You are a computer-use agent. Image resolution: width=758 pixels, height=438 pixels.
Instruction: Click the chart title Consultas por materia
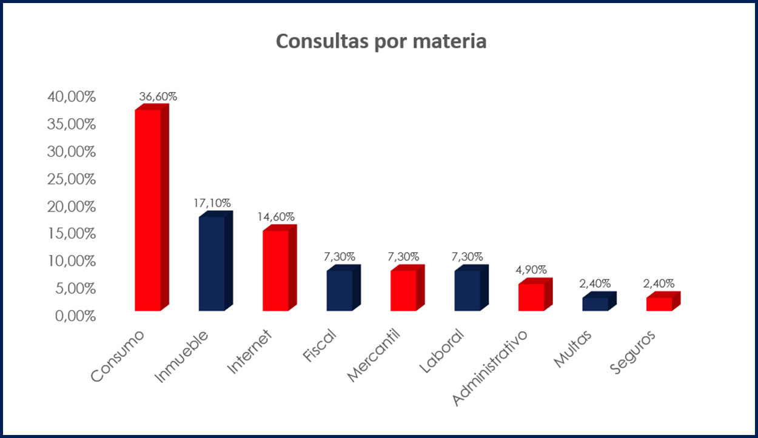point(381,41)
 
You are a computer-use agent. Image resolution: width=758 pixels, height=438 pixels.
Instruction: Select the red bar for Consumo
point(148,209)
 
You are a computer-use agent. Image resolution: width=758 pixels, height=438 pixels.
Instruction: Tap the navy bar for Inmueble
point(212,264)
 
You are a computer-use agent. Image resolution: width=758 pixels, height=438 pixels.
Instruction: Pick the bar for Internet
point(275,270)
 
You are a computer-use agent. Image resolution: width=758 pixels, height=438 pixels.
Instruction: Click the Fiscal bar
point(340,290)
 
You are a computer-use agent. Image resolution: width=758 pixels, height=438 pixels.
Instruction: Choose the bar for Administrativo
point(531,297)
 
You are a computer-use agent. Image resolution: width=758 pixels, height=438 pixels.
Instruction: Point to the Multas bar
point(595,304)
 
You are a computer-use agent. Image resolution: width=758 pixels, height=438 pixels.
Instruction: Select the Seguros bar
point(659,304)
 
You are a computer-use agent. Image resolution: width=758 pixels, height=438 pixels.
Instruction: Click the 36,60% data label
point(158,96)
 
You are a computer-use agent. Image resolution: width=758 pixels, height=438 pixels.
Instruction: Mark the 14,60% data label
point(276,216)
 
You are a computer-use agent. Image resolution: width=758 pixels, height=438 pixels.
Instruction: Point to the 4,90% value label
point(531,270)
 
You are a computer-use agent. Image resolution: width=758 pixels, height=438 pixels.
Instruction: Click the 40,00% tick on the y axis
point(72,97)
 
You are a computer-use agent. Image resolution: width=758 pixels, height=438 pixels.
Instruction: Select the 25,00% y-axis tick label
point(72,179)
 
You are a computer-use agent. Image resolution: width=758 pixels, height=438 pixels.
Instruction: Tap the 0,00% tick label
point(75,316)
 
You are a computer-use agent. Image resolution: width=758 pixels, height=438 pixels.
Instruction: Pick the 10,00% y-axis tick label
point(72,261)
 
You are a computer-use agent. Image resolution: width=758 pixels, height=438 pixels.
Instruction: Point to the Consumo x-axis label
point(119,357)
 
